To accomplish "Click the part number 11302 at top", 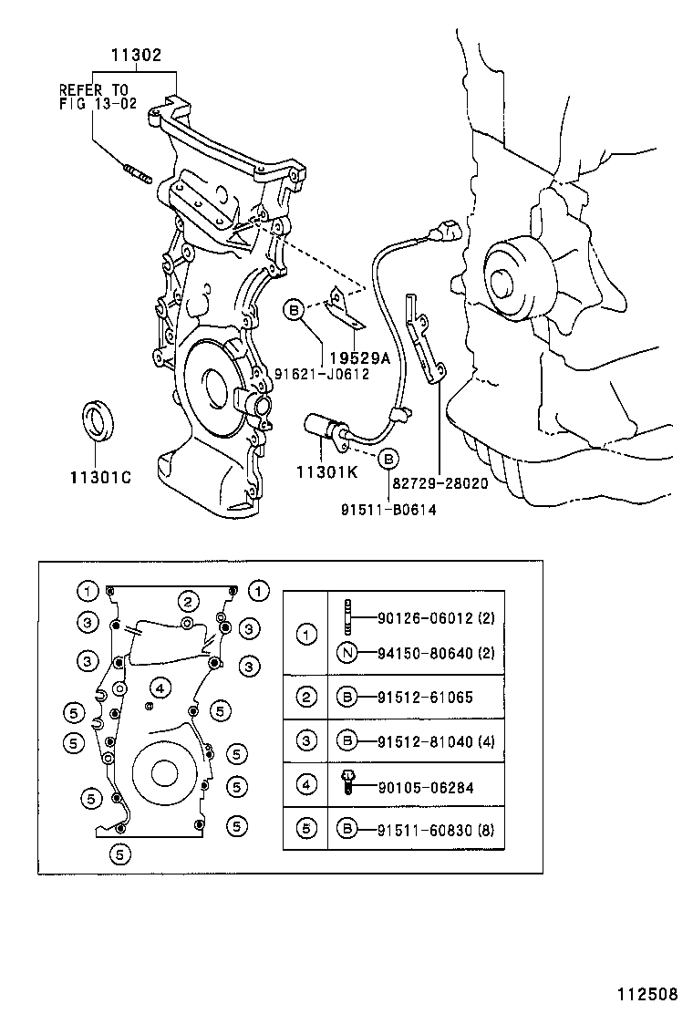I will tap(136, 56).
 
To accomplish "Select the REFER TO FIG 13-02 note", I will tap(95, 96).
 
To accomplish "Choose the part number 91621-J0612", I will tap(322, 374).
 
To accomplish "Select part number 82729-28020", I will tap(440, 483).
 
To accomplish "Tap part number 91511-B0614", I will tap(388, 510).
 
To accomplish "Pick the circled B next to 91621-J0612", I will tap(294, 312).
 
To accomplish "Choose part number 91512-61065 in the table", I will tap(424, 698).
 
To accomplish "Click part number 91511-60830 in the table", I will tap(424, 828).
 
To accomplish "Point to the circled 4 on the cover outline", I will tap(159, 688).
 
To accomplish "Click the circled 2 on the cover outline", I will tap(188, 601).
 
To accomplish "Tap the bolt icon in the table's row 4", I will tap(347, 781).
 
